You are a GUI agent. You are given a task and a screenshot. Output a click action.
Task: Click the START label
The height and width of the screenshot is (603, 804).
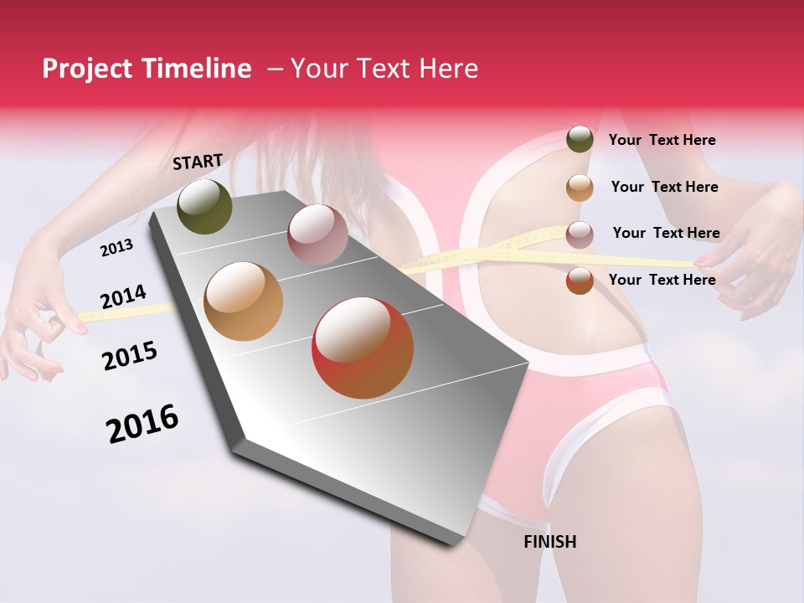pos(198,162)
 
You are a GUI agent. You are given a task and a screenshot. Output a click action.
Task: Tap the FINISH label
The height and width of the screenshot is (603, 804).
pos(549,542)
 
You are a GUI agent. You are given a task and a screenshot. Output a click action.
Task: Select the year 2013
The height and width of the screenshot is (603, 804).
pos(116,248)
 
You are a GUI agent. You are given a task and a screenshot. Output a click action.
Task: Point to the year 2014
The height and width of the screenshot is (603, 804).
pos(123,297)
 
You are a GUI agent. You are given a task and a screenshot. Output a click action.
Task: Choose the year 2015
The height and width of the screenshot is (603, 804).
pos(129,356)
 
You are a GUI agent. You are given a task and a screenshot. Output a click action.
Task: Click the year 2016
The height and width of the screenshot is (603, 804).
pos(142,423)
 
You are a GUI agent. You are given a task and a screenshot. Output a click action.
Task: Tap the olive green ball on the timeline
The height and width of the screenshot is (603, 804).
pos(204,207)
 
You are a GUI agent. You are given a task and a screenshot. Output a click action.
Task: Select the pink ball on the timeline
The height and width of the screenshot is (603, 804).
pos(317,234)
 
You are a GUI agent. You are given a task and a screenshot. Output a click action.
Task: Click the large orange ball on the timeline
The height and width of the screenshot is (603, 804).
pos(243,301)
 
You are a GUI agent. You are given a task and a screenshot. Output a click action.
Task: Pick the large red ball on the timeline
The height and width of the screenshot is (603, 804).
pos(363,348)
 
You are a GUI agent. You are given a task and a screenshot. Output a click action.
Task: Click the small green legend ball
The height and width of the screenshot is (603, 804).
pos(580,139)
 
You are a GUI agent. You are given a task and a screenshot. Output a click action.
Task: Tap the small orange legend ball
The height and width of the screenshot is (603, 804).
pos(580,188)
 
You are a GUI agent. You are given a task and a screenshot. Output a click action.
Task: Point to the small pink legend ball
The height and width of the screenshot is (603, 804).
pos(580,234)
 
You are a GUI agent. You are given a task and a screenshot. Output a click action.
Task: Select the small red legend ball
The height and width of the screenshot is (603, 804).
pos(580,281)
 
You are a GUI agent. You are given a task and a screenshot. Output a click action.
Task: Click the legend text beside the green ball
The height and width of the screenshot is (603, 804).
pos(662,140)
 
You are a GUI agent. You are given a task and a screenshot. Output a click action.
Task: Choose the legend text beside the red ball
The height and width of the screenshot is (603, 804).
pos(662,280)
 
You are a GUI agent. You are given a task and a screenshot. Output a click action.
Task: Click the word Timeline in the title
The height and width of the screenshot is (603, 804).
pos(197,69)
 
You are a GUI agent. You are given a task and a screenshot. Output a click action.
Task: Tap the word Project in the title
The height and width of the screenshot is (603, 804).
pos(87,69)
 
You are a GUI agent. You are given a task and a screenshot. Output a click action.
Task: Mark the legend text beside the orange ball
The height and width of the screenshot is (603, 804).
pos(664,187)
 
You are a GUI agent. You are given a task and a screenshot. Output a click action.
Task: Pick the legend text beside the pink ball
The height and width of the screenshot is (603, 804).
pos(666,233)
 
